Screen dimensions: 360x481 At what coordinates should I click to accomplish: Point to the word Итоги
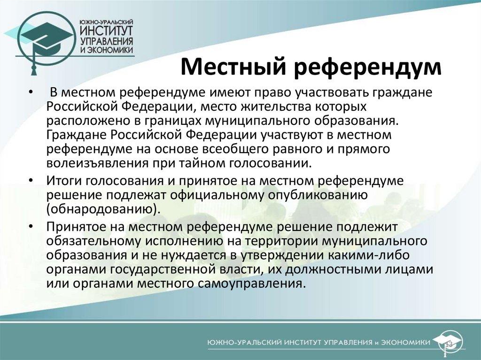(x=62, y=181)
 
